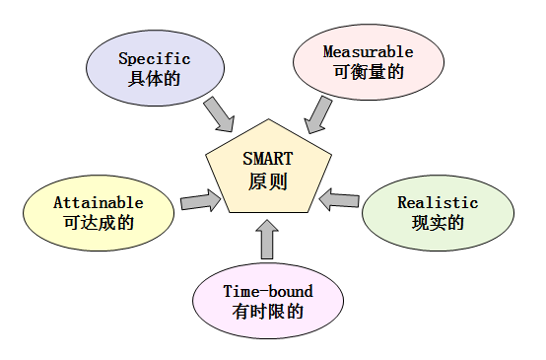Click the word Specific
154,59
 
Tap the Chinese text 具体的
154,78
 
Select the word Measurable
368,51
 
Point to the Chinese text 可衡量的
368,71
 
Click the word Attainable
99,202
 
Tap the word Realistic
438,203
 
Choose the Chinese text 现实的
438,223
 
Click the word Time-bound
268,292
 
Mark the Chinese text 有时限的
268,312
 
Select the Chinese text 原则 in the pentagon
268,181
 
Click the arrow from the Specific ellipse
218,113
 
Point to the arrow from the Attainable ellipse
200,202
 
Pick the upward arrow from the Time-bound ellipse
267,241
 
